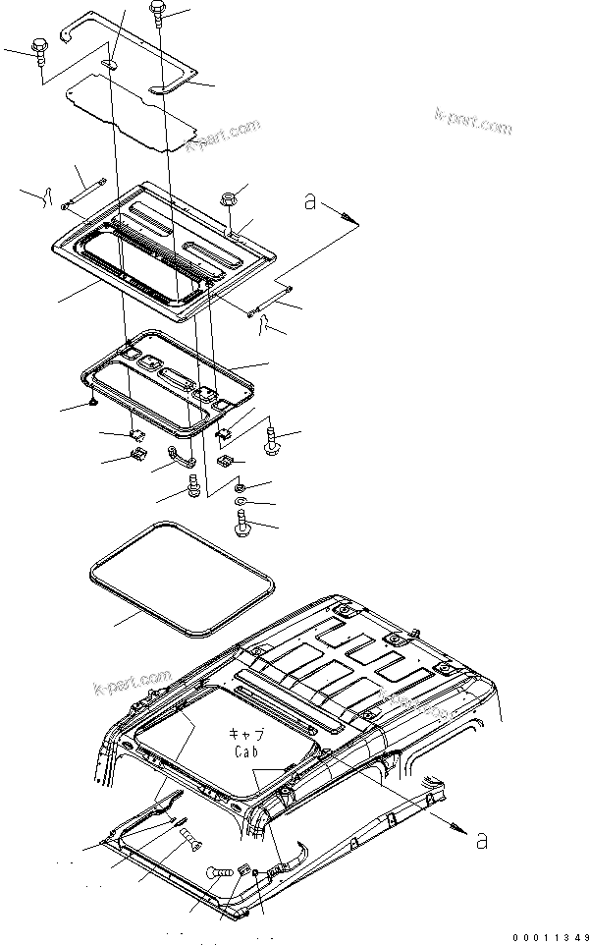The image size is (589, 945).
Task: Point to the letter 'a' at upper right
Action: [x=310, y=203]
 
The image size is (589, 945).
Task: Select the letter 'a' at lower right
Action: [x=479, y=840]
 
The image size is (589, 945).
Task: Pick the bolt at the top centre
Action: [x=158, y=12]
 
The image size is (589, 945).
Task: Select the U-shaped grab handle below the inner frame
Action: [x=180, y=456]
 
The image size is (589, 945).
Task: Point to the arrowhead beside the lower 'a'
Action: [x=458, y=828]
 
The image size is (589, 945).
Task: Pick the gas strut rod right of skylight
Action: [x=273, y=299]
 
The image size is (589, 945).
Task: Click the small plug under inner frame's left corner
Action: [x=92, y=402]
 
